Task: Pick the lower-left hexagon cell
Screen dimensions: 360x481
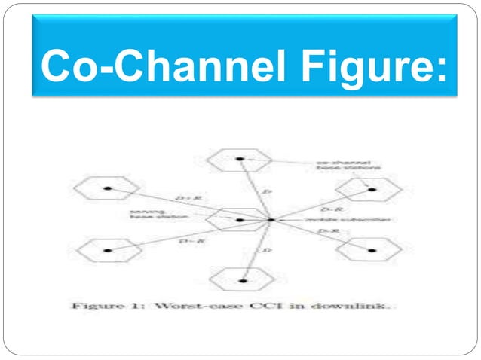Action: (x=111, y=249)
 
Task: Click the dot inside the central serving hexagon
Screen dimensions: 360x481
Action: (x=239, y=220)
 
